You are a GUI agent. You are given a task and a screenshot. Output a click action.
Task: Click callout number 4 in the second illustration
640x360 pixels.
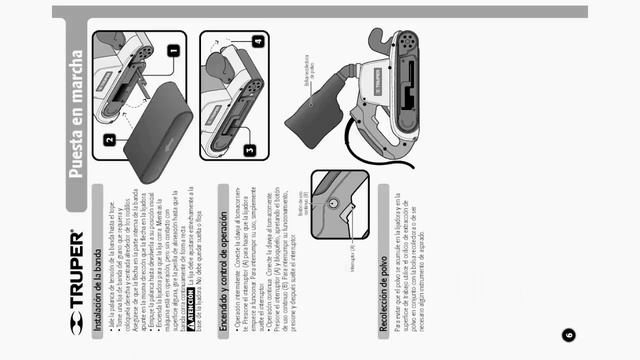257,42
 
